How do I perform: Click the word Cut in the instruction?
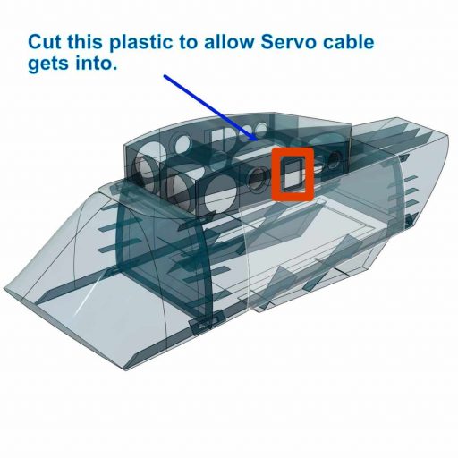(x=45, y=42)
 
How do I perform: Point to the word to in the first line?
(x=189, y=43)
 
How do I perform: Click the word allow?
(x=229, y=42)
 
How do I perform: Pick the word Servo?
(x=288, y=42)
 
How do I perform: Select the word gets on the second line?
(x=49, y=64)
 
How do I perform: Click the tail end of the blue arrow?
(x=165, y=76)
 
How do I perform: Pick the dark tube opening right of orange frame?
(x=335, y=160)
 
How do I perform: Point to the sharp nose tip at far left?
(x=4, y=288)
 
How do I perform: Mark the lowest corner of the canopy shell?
(x=125, y=370)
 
